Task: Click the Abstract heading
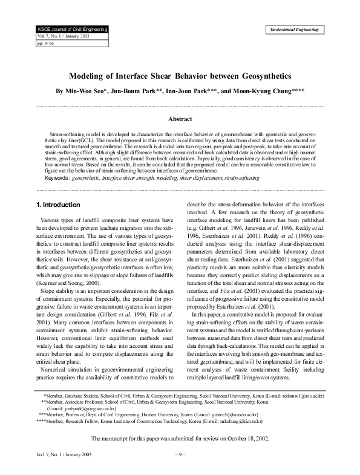click(x=180, y=119)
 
